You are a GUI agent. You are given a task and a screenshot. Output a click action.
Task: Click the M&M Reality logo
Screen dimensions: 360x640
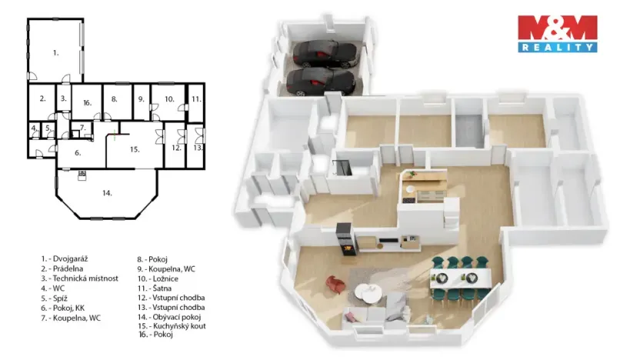coord(557,33)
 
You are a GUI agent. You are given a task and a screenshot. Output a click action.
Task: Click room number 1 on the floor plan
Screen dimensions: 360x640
coord(55,52)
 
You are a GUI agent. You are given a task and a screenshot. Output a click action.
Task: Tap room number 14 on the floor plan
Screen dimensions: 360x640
coord(106,192)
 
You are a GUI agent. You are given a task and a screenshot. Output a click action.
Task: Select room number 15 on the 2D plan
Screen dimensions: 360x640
coord(134,149)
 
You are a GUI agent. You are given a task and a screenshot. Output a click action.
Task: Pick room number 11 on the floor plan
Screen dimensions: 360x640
coord(196,98)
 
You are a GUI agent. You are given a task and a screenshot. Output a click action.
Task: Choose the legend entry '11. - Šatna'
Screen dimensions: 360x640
coord(157,287)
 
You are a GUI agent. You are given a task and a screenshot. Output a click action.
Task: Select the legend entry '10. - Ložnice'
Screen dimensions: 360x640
coord(160,278)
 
